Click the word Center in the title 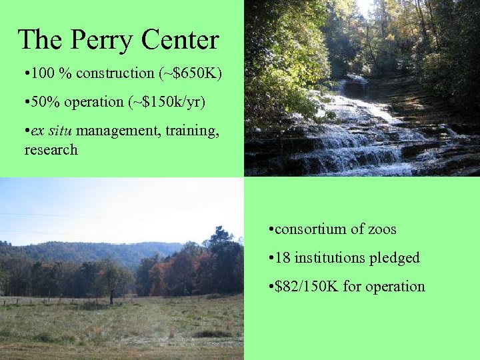click(x=180, y=40)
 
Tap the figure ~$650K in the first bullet click(x=193, y=73)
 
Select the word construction click(x=116, y=73)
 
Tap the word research click(x=51, y=150)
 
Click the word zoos click(x=382, y=229)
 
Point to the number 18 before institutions click(x=283, y=258)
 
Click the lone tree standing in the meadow click(x=111, y=283)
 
